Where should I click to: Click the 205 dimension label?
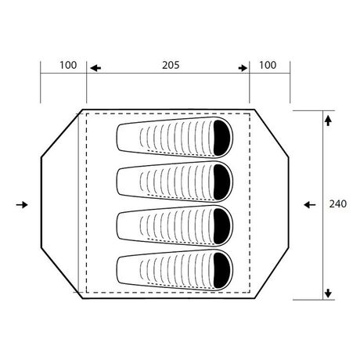pos(171,65)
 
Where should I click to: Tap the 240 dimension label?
pos(338,203)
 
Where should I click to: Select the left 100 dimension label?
pos(68,65)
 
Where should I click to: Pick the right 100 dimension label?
pos(268,65)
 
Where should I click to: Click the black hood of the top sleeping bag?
pos(222,138)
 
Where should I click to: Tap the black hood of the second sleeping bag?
pos(222,182)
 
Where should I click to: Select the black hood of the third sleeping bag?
pos(222,226)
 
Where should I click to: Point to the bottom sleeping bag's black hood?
pos(222,271)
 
